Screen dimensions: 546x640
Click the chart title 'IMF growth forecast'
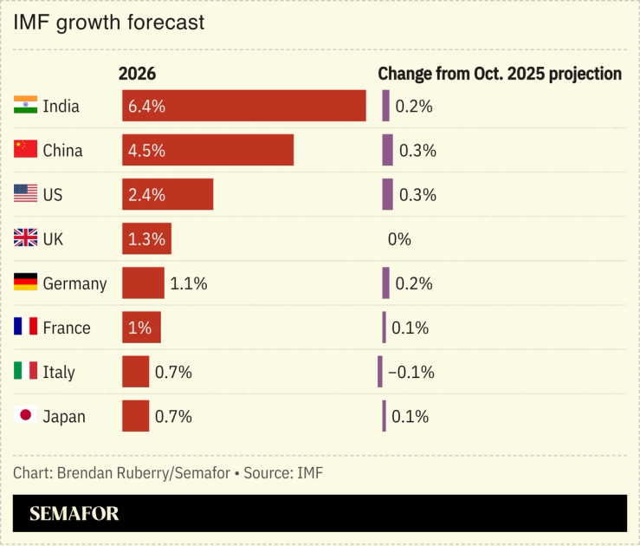(x=109, y=23)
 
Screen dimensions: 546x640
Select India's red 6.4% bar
(x=243, y=106)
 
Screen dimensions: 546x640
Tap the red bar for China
(x=208, y=150)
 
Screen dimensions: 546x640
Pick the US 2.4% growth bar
(x=167, y=194)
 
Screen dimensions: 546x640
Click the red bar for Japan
(x=135, y=416)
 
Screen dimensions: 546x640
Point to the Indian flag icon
(x=25, y=106)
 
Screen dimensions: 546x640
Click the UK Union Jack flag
(x=25, y=238)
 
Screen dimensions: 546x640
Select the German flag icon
(x=25, y=283)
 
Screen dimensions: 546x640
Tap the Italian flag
(x=25, y=372)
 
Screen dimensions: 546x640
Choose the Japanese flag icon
(x=25, y=416)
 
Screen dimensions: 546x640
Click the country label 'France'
(x=67, y=328)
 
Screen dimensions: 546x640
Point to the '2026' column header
(x=137, y=75)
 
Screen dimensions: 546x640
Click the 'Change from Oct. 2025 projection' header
(x=500, y=75)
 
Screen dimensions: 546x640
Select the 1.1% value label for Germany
(x=189, y=283)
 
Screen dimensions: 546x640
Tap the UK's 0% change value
(x=399, y=239)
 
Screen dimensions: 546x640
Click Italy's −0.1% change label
(x=411, y=373)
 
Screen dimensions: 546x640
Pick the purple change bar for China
(x=387, y=150)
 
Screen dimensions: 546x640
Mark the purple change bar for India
(x=385, y=106)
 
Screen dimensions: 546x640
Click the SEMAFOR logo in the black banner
(x=74, y=514)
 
